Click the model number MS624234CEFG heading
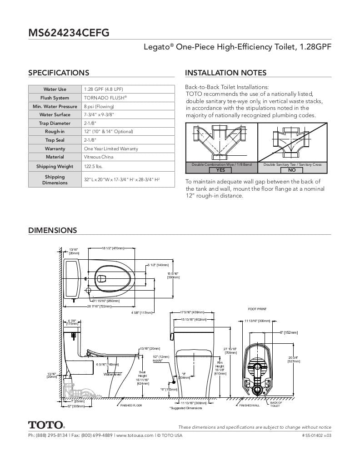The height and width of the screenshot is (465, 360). pos(69,33)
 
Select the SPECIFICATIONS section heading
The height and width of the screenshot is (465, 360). pos(59,73)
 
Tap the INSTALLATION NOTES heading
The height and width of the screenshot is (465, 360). pos(226,73)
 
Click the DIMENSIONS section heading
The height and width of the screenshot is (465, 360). pos(53,230)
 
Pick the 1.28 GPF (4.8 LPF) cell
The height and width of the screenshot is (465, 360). pos(104,89)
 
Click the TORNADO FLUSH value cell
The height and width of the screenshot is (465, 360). pos(105,98)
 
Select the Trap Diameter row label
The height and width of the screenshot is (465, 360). pos(55,123)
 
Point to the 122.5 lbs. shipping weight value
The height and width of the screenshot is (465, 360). pos(93,167)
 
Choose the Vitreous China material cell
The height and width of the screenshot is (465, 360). pos(99,157)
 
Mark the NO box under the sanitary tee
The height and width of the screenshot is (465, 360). pos(292,170)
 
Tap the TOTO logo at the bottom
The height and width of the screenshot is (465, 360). pos(46,425)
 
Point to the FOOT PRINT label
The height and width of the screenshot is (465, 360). pos(257,309)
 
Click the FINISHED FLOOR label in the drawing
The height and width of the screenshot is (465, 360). pos(131,406)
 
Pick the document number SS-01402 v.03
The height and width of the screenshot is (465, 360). pos(316,435)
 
